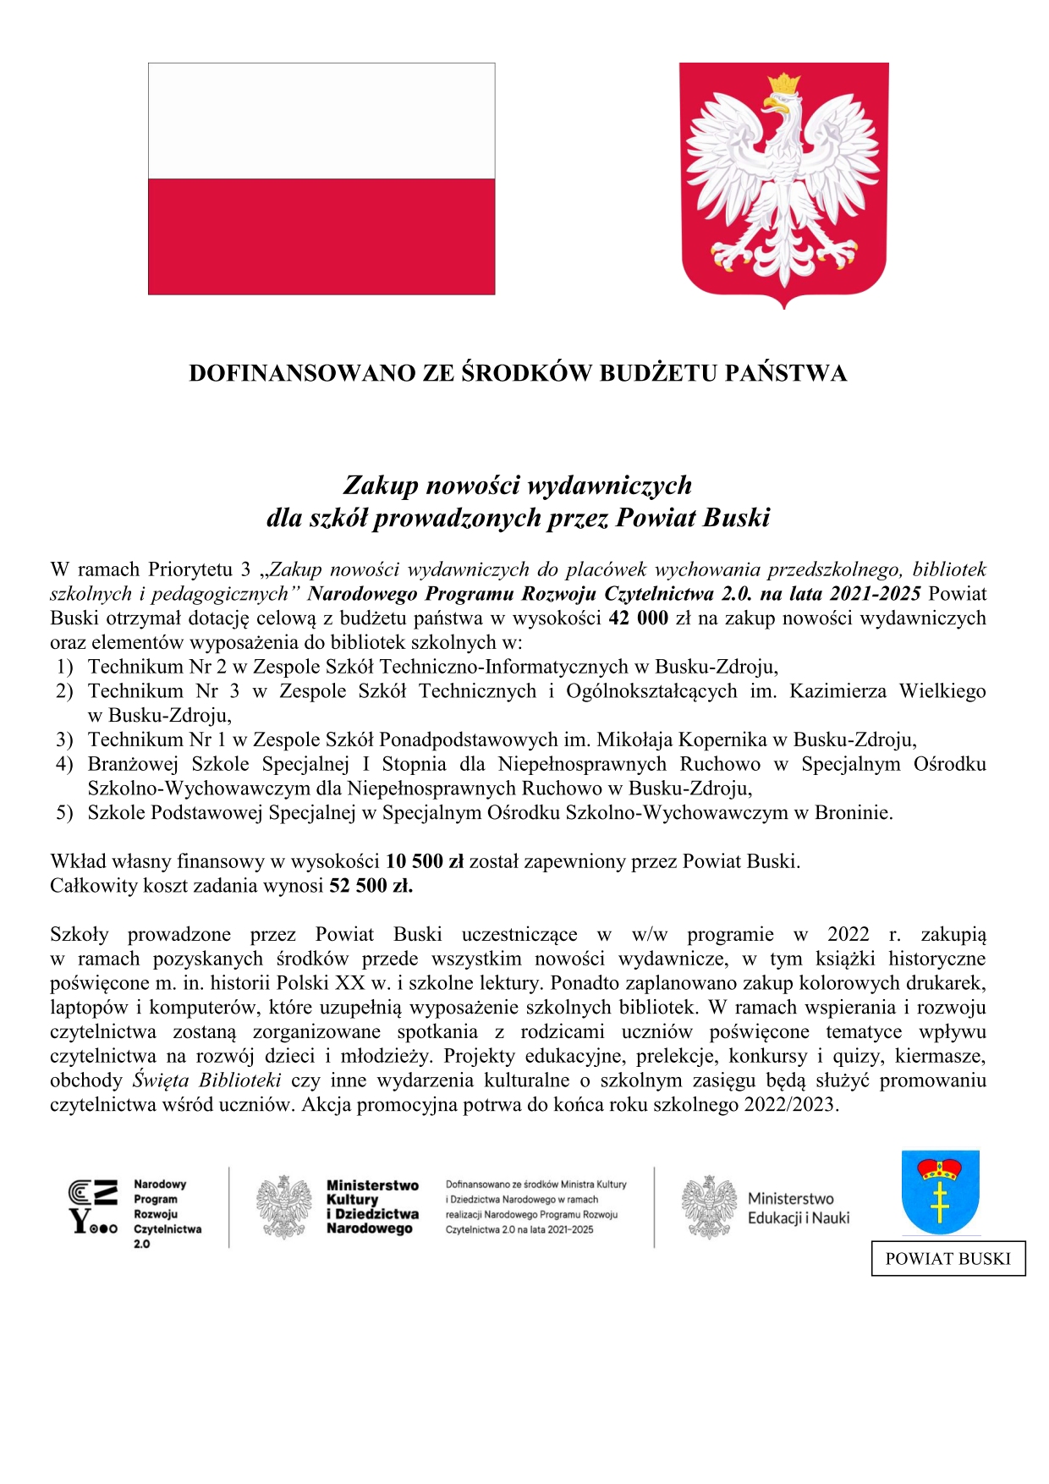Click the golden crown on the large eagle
[784, 85]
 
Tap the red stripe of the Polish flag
[321, 236]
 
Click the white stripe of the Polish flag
[321, 121]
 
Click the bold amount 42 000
[638, 618]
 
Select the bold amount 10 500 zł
[425, 861]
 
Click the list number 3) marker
[64, 740]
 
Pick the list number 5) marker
[64, 813]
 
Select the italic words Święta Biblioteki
[207, 1080]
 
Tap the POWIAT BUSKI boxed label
[947, 1259]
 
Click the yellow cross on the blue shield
[940, 1201]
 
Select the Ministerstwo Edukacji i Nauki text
[798, 1208]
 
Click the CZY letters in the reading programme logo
[92, 1206]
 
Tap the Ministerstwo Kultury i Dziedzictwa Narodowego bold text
[372, 1207]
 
